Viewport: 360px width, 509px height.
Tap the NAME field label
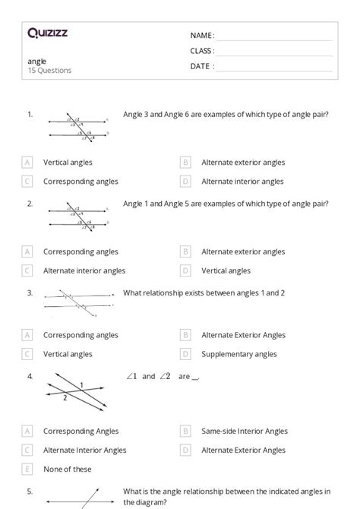click(x=202, y=35)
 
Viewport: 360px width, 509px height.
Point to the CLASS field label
click(x=202, y=51)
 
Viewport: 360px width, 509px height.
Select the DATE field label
click(x=202, y=66)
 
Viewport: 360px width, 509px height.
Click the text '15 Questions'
click(x=49, y=71)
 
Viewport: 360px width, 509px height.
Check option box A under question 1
click(x=27, y=162)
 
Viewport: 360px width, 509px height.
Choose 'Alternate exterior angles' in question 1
click(x=243, y=162)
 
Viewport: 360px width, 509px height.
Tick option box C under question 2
click(x=27, y=270)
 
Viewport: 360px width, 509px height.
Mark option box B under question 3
click(x=185, y=335)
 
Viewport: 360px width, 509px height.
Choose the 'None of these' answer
click(x=68, y=469)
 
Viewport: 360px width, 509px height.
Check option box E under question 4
click(x=27, y=469)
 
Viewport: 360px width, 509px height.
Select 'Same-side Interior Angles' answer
click(x=245, y=431)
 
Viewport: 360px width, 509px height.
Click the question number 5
click(x=30, y=490)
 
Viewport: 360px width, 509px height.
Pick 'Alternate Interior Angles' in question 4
click(x=85, y=450)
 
